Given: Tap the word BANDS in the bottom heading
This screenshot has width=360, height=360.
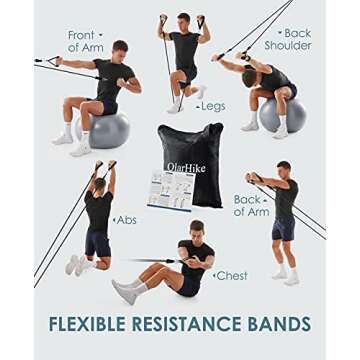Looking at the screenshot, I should (x=276, y=324).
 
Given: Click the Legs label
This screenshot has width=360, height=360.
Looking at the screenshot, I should (x=213, y=105).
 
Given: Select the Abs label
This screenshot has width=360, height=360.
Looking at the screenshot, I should (x=126, y=220).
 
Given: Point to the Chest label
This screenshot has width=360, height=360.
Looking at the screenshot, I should (x=231, y=275).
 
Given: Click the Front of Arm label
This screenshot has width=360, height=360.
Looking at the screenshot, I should (x=82, y=41).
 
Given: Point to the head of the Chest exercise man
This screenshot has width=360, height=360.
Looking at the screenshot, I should (x=196, y=229).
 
